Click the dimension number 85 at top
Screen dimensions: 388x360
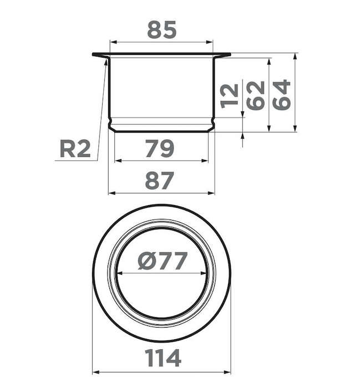(161, 29)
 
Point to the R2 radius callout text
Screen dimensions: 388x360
(74, 149)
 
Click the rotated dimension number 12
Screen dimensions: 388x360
(229, 95)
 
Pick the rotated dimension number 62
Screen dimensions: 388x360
(255, 95)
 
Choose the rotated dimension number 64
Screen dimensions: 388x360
(282, 95)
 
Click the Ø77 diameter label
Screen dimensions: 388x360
(161, 261)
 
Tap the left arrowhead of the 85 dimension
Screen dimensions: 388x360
(112, 42)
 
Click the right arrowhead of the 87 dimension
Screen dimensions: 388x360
(212, 193)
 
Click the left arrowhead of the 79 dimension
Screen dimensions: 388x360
(116, 161)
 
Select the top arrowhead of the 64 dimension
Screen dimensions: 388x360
(295, 56)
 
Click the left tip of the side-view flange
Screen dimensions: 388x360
(93, 54)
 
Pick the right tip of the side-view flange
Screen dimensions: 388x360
(230, 54)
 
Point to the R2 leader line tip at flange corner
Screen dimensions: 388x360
(105, 60)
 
